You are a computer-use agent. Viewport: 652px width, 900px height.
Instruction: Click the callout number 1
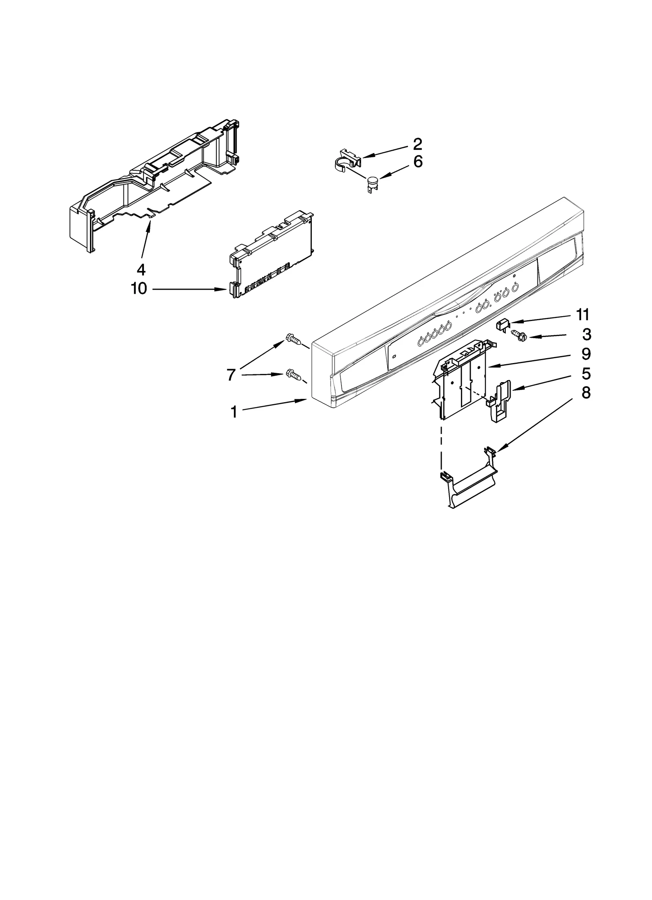coord(234,412)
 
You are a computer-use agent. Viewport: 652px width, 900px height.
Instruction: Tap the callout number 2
coord(417,144)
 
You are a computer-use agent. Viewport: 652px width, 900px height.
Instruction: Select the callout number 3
coord(586,334)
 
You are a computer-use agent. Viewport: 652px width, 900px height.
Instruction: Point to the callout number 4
coord(141,269)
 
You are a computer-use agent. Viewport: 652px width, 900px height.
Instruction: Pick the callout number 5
coord(586,374)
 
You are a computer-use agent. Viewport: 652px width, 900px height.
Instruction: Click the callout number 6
coord(418,162)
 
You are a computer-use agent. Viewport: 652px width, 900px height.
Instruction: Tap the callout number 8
coord(586,393)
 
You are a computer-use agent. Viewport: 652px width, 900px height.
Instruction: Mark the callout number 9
coord(586,354)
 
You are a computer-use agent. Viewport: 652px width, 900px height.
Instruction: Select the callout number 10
coord(139,289)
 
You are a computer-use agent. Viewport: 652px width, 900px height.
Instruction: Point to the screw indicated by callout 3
coord(518,335)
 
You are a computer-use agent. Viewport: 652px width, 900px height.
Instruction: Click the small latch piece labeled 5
coord(500,402)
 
